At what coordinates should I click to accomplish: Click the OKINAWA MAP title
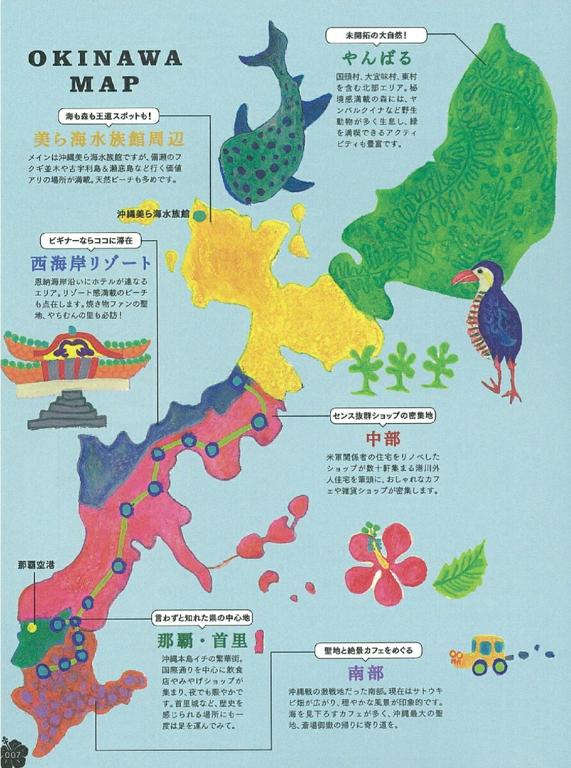click(105, 71)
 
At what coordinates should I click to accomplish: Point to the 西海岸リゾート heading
click(91, 262)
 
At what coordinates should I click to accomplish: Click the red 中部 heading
click(383, 439)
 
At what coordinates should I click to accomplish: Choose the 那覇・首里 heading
click(202, 641)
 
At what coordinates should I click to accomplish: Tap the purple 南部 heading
click(366, 673)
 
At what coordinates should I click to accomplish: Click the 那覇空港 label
click(36, 564)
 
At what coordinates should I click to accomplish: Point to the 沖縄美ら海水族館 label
click(153, 214)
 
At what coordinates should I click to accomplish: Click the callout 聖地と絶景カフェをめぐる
click(368, 650)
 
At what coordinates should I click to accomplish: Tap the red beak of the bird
click(463, 277)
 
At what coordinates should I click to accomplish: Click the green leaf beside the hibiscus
click(462, 572)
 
